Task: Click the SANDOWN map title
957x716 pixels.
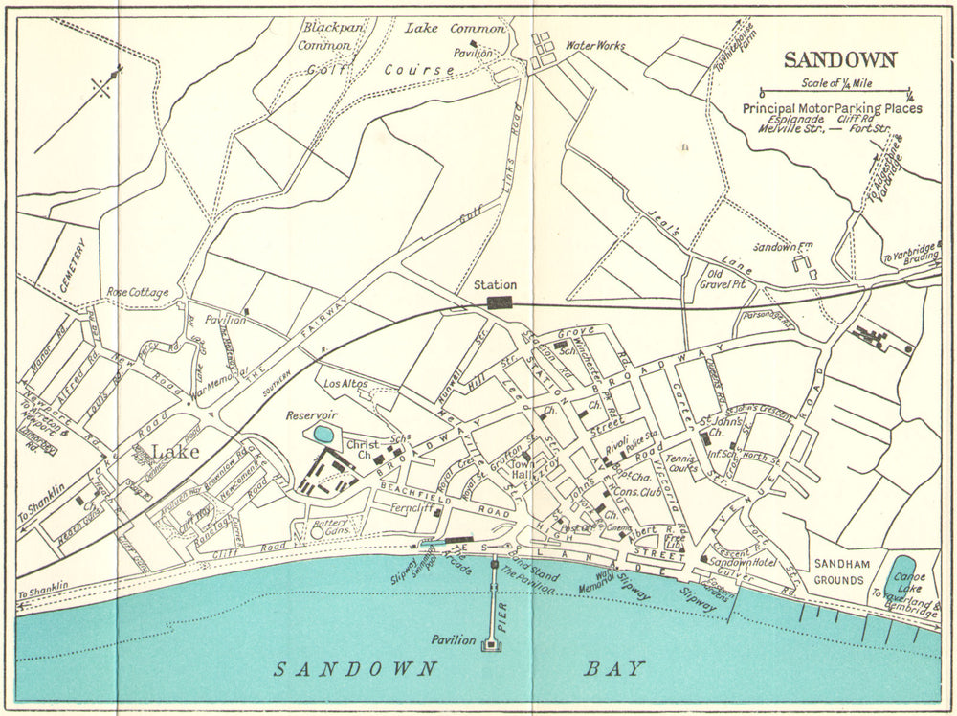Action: (x=839, y=59)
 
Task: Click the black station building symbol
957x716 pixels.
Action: (x=499, y=302)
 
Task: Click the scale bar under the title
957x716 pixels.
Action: (x=836, y=94)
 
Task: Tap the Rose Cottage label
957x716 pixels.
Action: (x=138, y=292)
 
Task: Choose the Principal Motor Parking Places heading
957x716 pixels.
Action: (x=832, y=108)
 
